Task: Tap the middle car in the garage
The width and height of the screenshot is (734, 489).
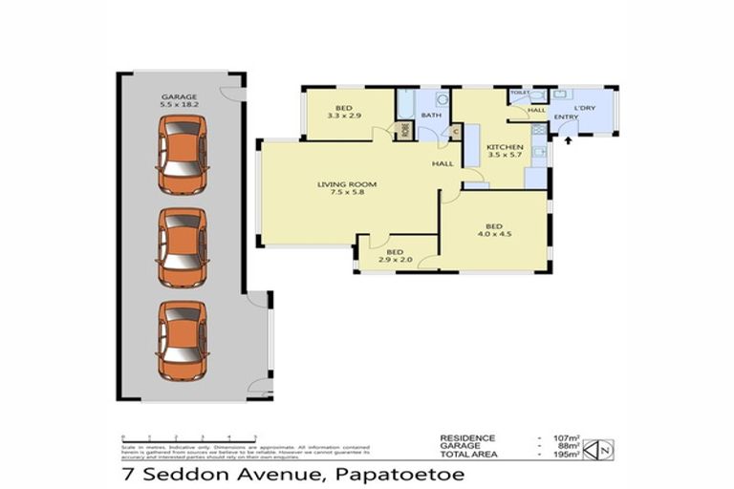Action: coord(182,246)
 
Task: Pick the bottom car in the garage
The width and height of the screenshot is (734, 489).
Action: coord(182,339)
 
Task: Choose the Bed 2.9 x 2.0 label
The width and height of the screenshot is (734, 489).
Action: coord(394,256)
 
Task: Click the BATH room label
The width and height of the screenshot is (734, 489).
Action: coord(430,116)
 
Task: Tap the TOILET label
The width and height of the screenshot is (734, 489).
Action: coord(519,93)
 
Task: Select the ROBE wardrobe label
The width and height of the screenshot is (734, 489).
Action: coord(405,128)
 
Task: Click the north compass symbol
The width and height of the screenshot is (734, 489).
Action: coord(597,448)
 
